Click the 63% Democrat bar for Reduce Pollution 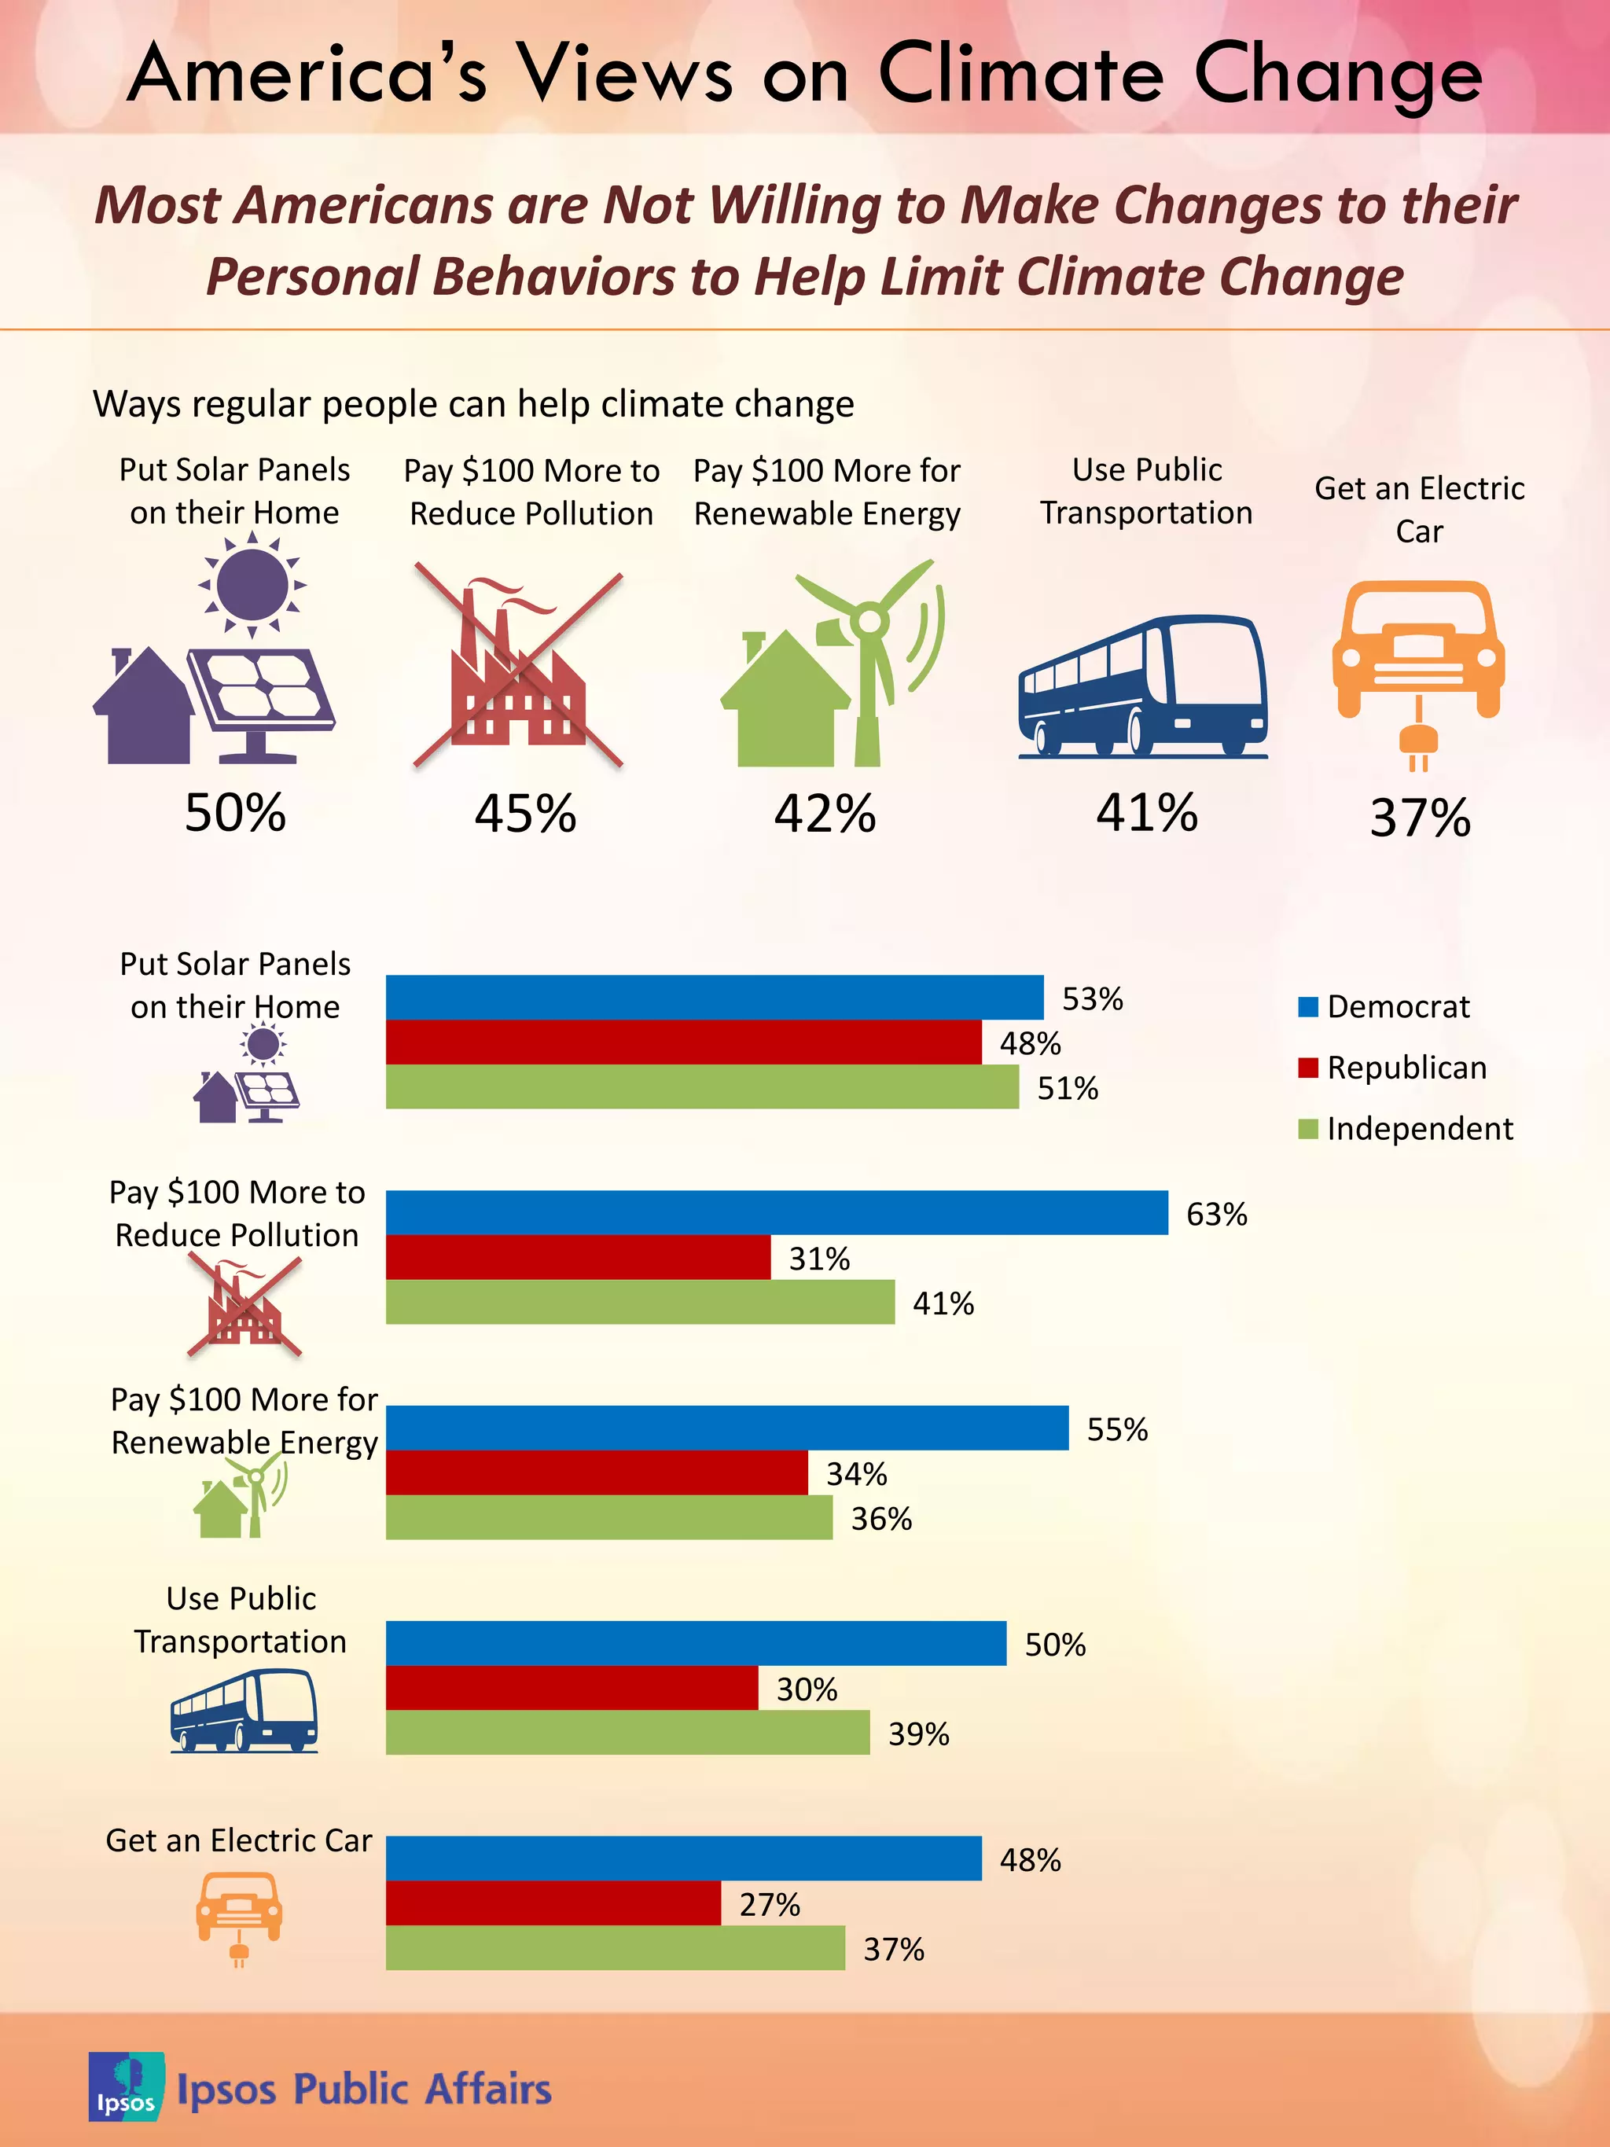point(777,1212)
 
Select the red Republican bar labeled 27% point(553,1903)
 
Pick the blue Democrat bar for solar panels point(715,997)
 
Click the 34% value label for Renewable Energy point(856,1473)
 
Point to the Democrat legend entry point(1383,1006)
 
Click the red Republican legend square point(1307,1068)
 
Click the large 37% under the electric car point(1420,818)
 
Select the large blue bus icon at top point(1143,686)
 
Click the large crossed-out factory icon point(518,666)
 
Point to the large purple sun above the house point(252,584)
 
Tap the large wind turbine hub point(869,620)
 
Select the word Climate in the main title point(1019,74)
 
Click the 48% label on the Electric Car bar point(1030,1860)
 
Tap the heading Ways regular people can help point(473,404)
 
